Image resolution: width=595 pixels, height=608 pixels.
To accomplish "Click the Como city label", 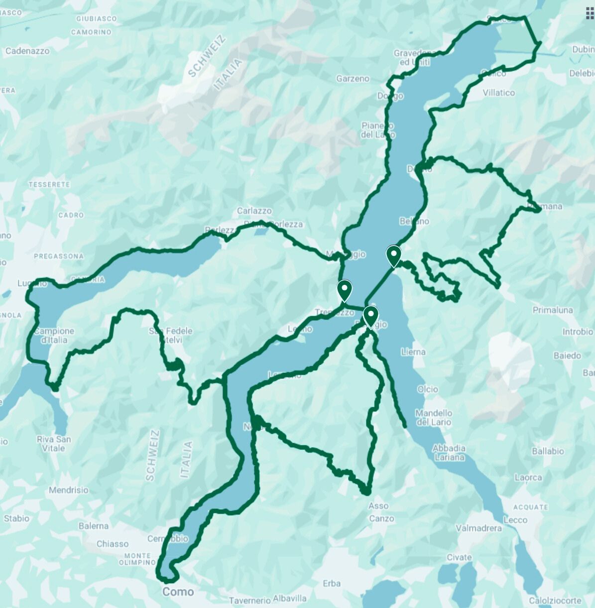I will (178, 592).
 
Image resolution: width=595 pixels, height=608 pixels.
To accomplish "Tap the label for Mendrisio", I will (69, 490).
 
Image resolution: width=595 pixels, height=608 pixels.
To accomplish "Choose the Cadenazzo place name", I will (27, 51).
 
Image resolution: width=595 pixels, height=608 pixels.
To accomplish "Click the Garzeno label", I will (353, 79).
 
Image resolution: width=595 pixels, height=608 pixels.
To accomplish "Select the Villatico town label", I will (498, 93).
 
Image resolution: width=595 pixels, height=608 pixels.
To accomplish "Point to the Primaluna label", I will (553, 310).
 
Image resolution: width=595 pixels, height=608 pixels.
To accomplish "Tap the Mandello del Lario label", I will (434, 417).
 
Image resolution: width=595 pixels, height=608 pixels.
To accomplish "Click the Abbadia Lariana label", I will (449, 453).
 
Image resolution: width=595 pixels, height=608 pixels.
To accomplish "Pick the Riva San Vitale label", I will (54, 443).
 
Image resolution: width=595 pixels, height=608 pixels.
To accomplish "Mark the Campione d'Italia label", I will (54, 335).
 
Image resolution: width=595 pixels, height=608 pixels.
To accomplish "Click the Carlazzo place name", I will (254, 211).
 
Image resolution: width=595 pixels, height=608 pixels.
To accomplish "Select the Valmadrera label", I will (479, 528).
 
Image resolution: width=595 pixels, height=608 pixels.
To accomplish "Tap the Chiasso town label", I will (113, 544).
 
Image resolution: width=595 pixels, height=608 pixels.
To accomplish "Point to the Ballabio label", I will (548, 451).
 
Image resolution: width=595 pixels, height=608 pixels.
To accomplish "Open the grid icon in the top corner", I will (591, 13).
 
